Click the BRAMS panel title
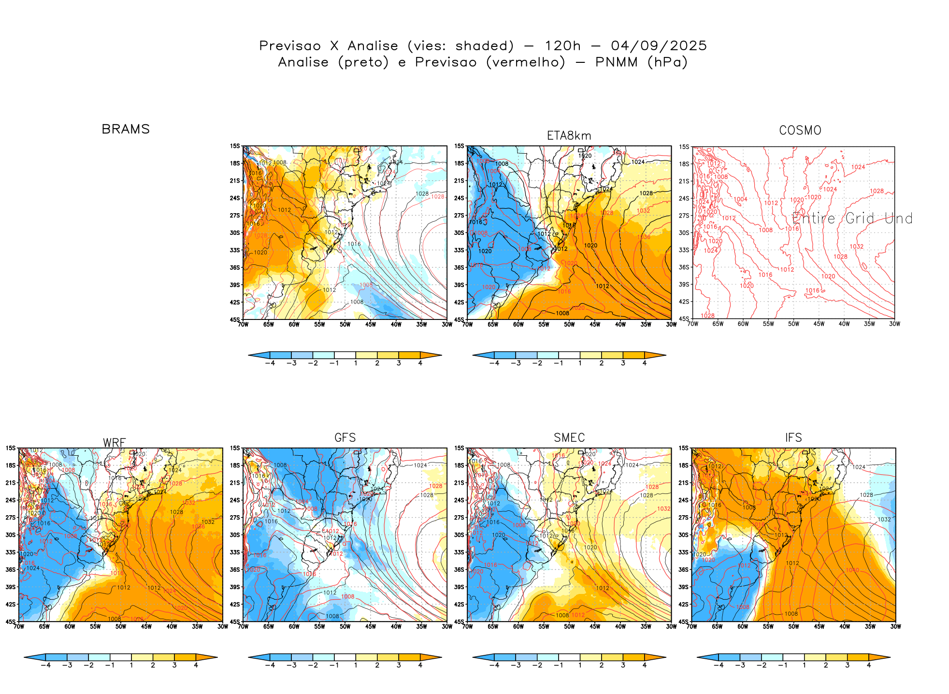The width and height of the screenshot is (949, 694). pyautogui.click(x=126, y=129)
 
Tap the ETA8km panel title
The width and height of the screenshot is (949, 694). pyautogui.click(x=569, y=136)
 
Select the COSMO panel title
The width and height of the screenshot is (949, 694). pyautogui.click(x=800, y=130)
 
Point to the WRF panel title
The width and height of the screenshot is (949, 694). pyautogui.click(x=115, y=443)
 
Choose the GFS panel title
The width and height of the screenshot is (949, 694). pyautogui.click(x=345, y=437)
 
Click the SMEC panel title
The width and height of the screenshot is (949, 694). pyautogui.click(x=569, y=437)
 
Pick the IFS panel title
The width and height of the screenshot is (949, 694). pyautogui.click(x=793, y=437)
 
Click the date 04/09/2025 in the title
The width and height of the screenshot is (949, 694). pyautogui.click(x=659, y=46)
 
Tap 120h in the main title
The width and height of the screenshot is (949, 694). pyautogui.click(x=562, y=46)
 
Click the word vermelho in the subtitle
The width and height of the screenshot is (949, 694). pyautogui.click(x=525, y=62)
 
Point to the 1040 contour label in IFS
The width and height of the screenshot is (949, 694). pyautogui.click(x=852, y=570)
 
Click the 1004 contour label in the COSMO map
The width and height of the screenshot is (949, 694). pyautogui.click(x=741, y=199)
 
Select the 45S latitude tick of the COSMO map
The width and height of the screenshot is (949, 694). pyautogui.click(x=684, y=319)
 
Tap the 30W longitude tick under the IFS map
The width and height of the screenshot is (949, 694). pyautogui.click(x=895, y=627)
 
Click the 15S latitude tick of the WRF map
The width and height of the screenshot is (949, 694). pyautogui.click(x=11, y=448)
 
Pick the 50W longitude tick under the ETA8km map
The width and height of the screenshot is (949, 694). pyautogui.click(x=569, y=325)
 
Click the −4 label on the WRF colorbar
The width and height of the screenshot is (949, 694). pyautogui.click(x=45, y=665)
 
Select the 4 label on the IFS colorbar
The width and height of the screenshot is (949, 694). pyautogui.click(x=869, y=665)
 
